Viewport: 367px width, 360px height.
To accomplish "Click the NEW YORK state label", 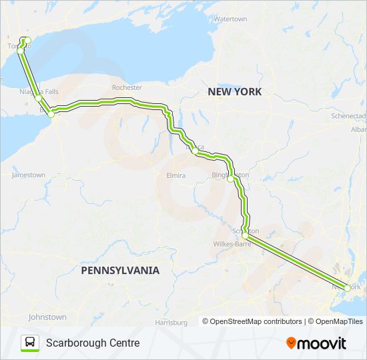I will pyautogui.click(x=234, y=91).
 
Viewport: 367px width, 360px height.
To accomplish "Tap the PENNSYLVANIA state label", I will pyautogui.click(x=120, y=271).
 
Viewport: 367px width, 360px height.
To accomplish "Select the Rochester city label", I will pyautogui.click(x=127, y=87).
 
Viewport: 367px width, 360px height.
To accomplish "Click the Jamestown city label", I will pyautogui.click(x=29, y=175).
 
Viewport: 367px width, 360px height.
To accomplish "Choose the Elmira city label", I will pyautogui.click(x=175, y=176).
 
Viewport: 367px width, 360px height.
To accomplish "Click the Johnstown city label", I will pyautogui.click(x=47, y=317).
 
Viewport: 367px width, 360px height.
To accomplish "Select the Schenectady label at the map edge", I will pyautogui.click(x=348, y=116).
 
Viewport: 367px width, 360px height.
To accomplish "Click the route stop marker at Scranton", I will pyautogui.click(x=246, y=236).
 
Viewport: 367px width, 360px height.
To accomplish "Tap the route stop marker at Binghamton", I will pyautogui.click(x=230, y=179).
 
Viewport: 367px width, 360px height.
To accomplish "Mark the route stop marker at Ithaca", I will pyautogui.click(x=194, y=151).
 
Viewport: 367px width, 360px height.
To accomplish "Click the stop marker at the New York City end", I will pyautogui.click(x=346, y=288).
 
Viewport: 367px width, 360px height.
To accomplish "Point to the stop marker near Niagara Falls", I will pyautogui.click(x=39, y=98).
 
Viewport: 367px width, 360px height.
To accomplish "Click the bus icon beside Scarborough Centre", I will pyautogui.click(x=31, y=343).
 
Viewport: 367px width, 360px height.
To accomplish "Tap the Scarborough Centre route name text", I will pyautogui.click(x=93, y=343).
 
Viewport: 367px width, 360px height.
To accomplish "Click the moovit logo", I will pyautogui.click(x=316, y=343).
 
